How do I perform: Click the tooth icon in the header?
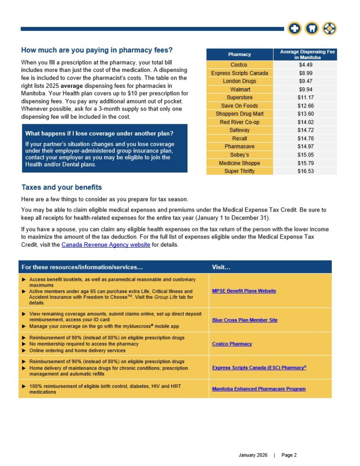click(x=312, y=28)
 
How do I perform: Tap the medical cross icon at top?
click(x=294, y=28)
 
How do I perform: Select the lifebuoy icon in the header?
click(x=329, y=28)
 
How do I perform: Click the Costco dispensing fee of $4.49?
click(x=305, y=65)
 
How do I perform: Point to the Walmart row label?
click(x=239, y=89)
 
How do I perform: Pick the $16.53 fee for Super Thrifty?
click(x=305, y=171)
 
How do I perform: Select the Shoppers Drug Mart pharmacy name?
click(x=239, y=114)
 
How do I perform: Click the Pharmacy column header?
click(x=239, y=55)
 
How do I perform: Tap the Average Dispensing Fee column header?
click(x=305, y=55)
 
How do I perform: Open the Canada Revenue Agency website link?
click(x=106, y=245)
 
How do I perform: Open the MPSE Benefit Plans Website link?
click(x=244, y=291)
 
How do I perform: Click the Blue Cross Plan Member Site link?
click(x=244, y=320)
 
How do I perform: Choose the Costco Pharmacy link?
click(x=232, y=344)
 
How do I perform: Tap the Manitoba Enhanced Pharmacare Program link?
click(x=259, y=389)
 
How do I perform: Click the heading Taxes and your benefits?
click(x=61, y=187)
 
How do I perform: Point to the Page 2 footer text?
click(x=289, y=455)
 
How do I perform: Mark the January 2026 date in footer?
click(x=254, y=455)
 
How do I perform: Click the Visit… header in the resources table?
click(x=221, y=267)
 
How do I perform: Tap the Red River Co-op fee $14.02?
click(x=305, y=122)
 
